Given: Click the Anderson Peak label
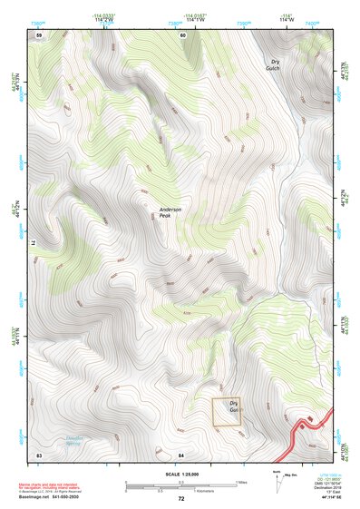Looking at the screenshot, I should pyautogui.click(x=170, y=212).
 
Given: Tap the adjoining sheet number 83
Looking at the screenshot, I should pyautogui.click(x=39, y=454).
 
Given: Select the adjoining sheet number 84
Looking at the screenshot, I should pyautogui.click(x=181, y=454).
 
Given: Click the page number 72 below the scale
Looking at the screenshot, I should pyautogui.click(x=181, y=499).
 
